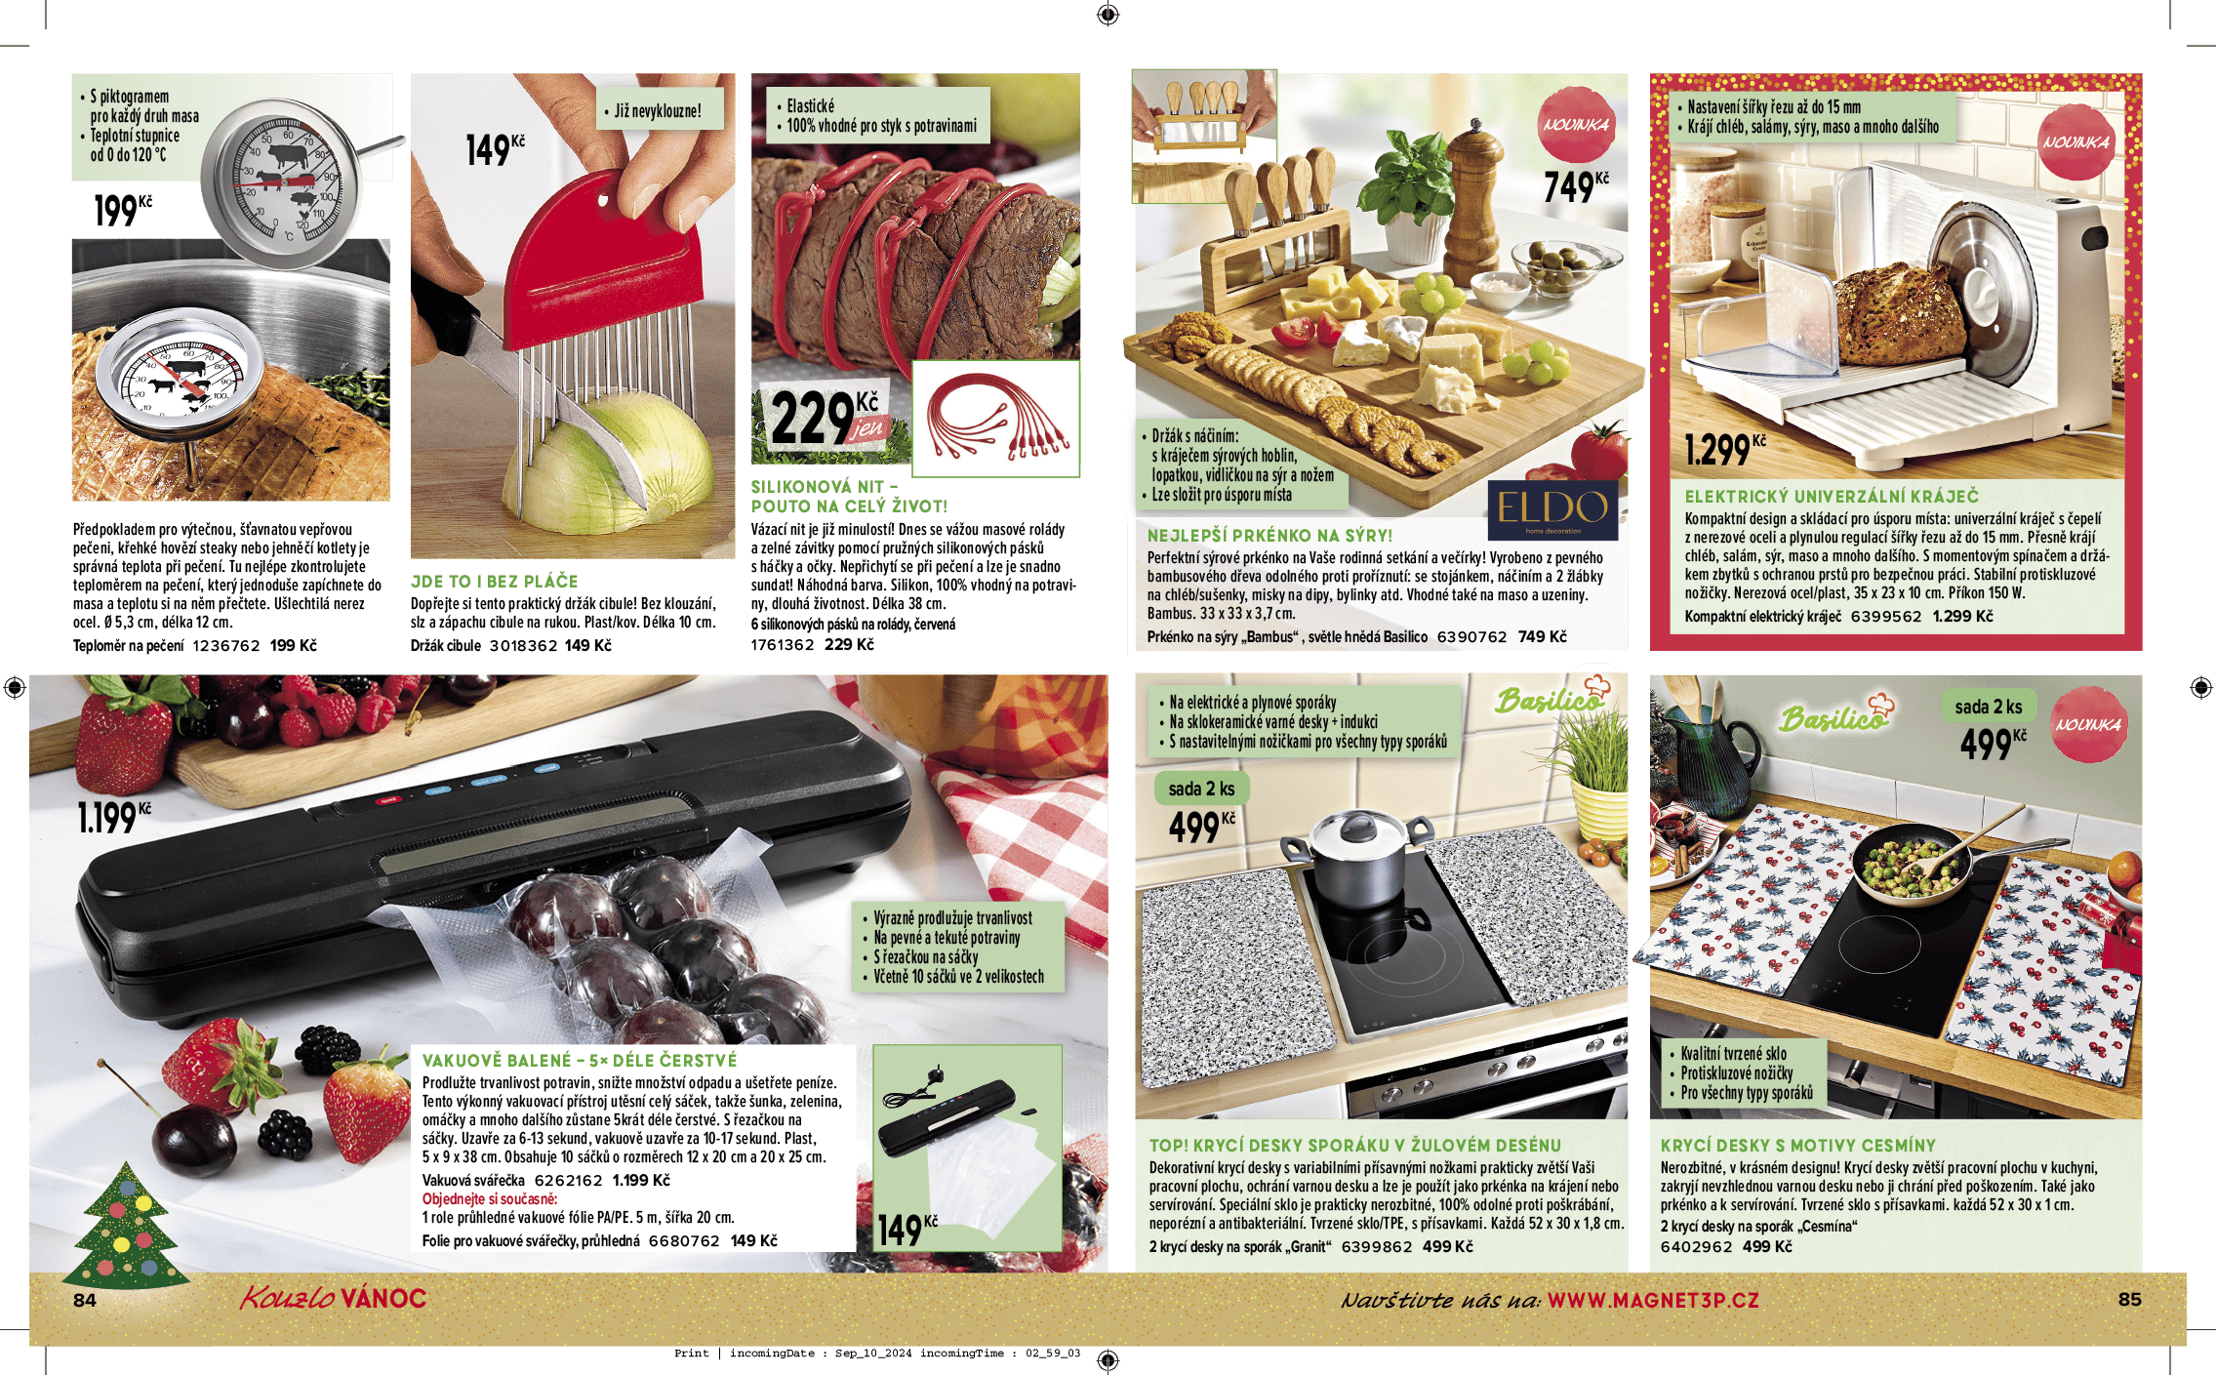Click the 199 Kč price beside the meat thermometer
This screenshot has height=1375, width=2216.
coord(122,210)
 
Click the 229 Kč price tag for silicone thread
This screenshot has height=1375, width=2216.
coord(826,418)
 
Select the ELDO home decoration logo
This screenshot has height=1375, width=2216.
coord(1552,509)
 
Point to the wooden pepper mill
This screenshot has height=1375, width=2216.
coord(1473,202)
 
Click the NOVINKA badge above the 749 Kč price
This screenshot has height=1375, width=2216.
coord(1576,125)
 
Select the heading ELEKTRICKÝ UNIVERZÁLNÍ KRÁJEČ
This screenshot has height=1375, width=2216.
coord(1832,496)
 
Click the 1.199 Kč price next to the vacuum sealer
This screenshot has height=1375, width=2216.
coord(114,817)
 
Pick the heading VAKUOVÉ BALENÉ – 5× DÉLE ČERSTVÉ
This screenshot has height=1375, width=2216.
coord(580,1060)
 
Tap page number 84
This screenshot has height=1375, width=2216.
coord(85,1300)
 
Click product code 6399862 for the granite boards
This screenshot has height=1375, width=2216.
coord(1377,1246)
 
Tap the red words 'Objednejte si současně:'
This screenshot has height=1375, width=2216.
coord(490,1198)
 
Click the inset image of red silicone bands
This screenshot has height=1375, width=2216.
coord(995,419)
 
